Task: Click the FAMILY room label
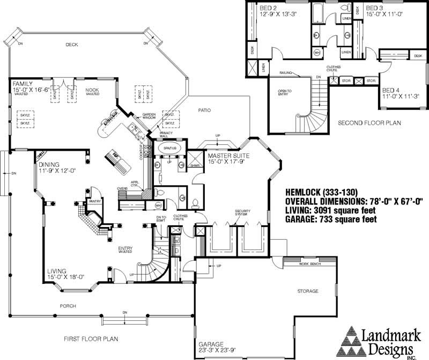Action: [23, 84]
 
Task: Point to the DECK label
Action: [72, 45]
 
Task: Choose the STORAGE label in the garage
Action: [308, 291]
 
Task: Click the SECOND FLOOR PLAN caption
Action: [369, 123]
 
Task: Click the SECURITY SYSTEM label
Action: [243, 212]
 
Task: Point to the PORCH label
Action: [68, 306]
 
